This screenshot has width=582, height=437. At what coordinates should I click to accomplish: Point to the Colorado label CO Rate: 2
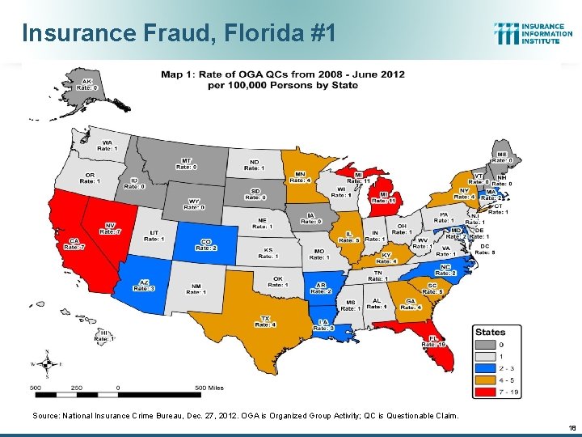(205, 244)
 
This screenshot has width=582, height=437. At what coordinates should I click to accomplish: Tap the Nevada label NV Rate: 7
(110, 229)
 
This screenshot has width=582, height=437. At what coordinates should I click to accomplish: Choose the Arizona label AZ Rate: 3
(145, 285)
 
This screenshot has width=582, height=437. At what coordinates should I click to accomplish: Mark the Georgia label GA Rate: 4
(413, 304)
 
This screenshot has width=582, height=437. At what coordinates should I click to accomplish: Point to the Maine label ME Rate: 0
(502, 158)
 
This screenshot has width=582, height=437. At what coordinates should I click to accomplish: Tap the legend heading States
(491, 332)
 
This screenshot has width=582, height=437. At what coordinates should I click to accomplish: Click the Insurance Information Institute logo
(529, 34)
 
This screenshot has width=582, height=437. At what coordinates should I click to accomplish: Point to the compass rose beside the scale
(48, 363)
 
